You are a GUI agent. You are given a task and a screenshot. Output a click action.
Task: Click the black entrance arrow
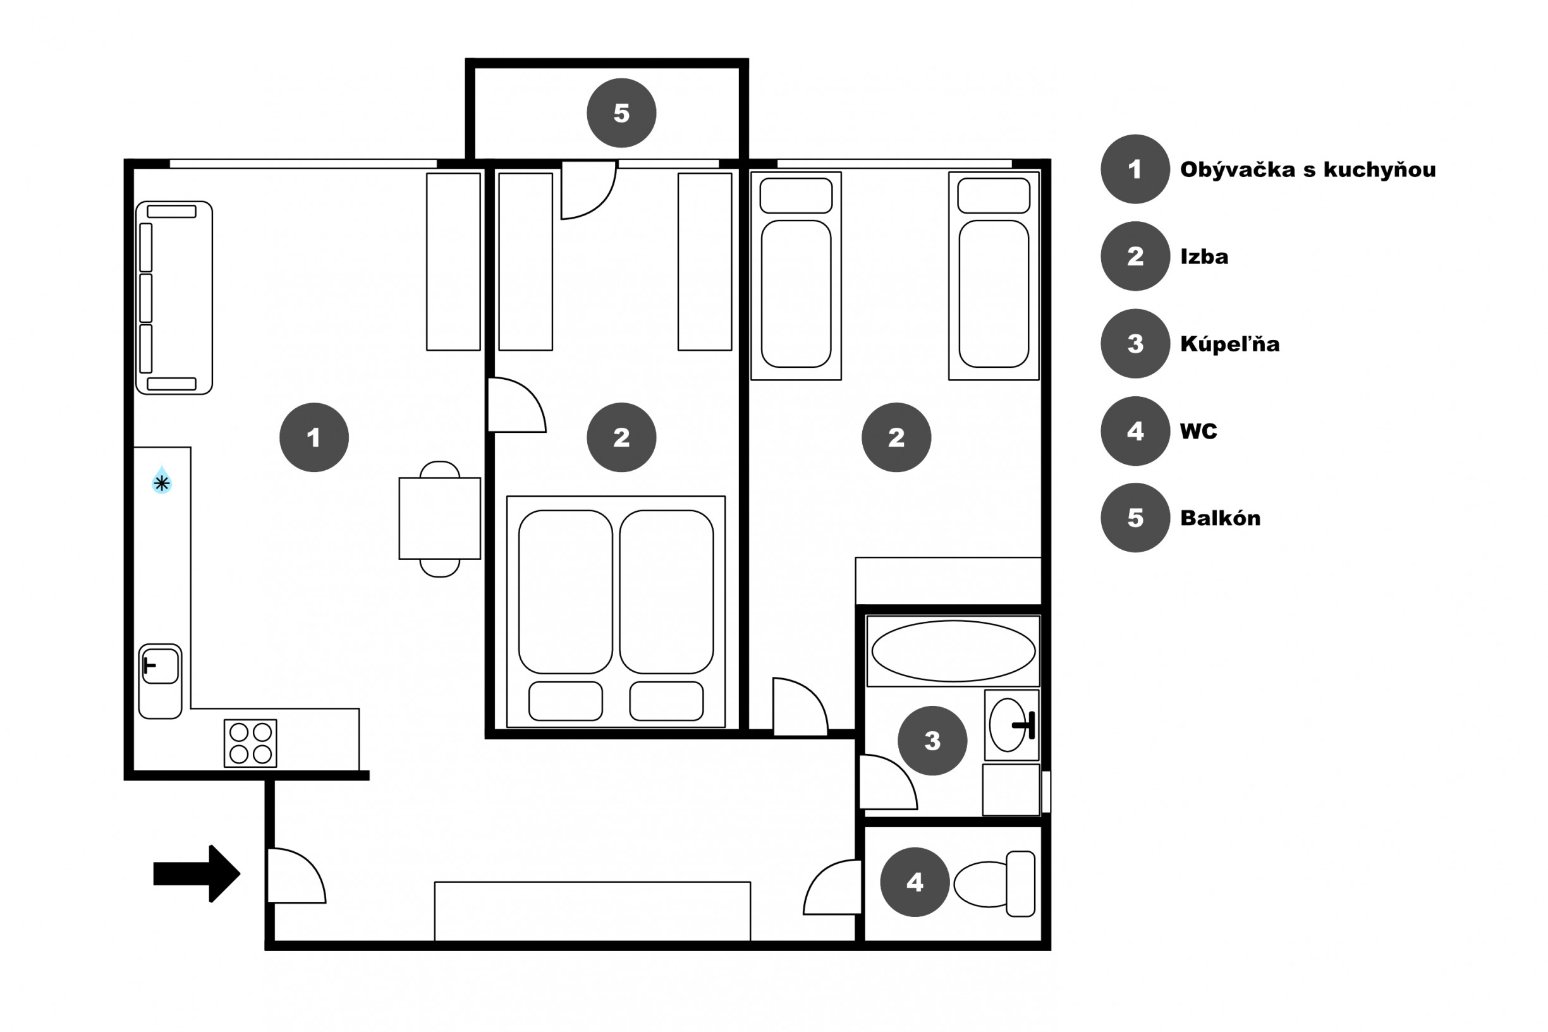pyautogui.click(x=197, y=873)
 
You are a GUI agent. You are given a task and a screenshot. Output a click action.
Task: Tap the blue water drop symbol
pyautogui.click(x=162, y=480)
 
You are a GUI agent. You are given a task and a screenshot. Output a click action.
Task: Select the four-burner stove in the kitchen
pyautogui.click(x=250, y=743)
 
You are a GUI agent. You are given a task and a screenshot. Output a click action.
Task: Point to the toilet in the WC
pyautogui.click(x=994, y=884)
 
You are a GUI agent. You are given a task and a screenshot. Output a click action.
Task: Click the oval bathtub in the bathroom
pyautogui.click(x=953, y=651)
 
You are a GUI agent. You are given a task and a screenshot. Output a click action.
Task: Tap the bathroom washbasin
pyautogui.click(x=1011, y=725)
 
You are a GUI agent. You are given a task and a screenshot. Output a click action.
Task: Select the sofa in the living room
pyautogui.click(x=174, y=298)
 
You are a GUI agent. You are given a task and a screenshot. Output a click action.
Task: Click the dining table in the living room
pyautogui.click(x=440, y=519)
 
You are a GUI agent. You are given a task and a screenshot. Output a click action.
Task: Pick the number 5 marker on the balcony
pyautogui.click(x=621, y=112)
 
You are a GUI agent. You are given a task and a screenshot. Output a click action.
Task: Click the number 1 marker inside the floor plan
pyautogui.click(x=314, y=437)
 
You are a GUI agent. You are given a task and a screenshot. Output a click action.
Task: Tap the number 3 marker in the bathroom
pyautogui.click(x=932, y=741)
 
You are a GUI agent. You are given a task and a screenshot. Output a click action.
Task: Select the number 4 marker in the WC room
pyautogui.click(x=915, y=882)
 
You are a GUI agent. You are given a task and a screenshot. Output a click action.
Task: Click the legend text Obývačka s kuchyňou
pyautogui.click(x=1308, y=170)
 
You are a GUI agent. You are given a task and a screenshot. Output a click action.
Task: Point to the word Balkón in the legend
pyautogui.click(x=1220, y=518)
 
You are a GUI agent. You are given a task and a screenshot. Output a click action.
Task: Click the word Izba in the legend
pyautogui.click(x=1204, y=256)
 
